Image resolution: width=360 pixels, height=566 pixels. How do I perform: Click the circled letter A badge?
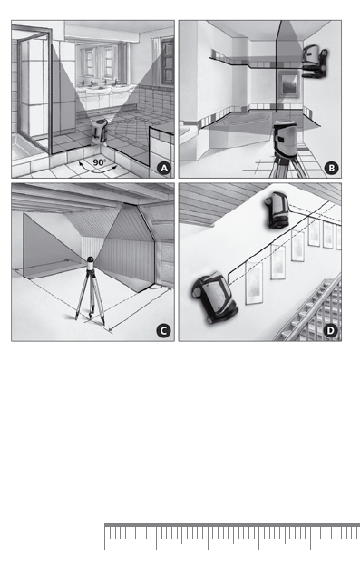[164, 168]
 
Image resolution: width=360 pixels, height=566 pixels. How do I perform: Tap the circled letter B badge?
[331, 168]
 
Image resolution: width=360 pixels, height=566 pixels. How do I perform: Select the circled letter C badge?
[163, 331]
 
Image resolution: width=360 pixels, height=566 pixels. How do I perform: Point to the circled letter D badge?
[331, 331]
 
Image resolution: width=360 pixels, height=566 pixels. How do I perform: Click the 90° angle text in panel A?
[99, 162]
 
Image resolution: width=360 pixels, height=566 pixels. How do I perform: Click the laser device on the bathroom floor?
[100, 132]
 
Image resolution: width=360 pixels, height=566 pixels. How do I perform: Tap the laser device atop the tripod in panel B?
[285, 139]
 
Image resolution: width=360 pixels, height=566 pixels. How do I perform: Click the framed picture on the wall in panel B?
[289, 84]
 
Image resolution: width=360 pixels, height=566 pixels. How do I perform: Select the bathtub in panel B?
[247, 119]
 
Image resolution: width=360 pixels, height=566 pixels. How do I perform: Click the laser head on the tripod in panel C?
[91, 264]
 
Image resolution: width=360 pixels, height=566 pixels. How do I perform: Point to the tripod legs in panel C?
[90, 296]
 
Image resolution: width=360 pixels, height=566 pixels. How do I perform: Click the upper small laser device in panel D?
[277, 210]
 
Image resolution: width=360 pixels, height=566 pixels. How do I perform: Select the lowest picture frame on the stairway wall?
[254, 284]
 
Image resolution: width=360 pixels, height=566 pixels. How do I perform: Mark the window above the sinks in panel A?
[97, 62]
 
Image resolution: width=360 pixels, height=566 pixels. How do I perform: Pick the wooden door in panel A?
[167, 62]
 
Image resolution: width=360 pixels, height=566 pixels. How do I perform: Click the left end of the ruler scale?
[105, 525]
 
